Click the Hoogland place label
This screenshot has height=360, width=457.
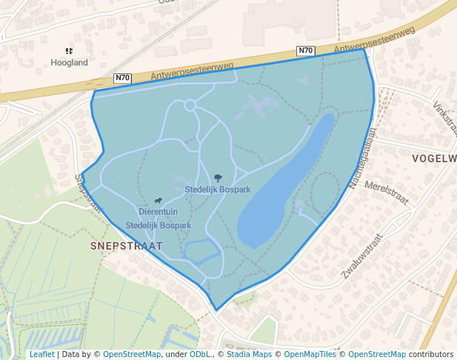[x=69, y=63]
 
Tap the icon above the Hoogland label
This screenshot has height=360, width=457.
[x=69, y=51]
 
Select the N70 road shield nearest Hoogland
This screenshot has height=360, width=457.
[x=123, y=78]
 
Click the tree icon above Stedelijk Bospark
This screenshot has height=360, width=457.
[x=218, y=178]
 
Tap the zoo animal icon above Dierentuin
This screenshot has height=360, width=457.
[x=159, y=200]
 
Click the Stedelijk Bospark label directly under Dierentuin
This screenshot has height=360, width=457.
[x=159, y=224]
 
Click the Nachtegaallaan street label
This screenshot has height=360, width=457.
[x=364, y=157]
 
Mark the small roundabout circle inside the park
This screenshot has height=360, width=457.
[x=190, y=105]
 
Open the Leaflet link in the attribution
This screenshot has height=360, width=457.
[x=41, y=354]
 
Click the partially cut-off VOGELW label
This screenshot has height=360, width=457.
[x=434, y=159]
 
